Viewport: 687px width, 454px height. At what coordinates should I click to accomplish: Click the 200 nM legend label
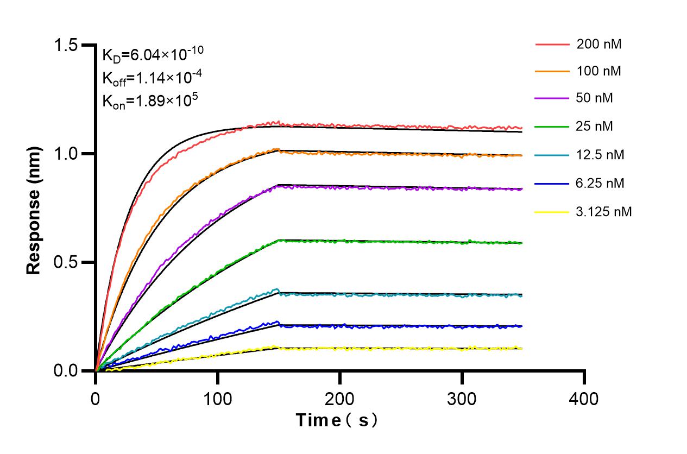click(599, 44)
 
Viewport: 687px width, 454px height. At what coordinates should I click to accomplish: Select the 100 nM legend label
click(599, 72)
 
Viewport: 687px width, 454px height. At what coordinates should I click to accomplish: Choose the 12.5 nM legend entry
click(600, 155)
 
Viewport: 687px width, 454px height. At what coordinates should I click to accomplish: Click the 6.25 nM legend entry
click(600, 184)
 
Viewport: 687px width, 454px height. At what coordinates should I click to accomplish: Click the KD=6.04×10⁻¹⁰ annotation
click(153, 54)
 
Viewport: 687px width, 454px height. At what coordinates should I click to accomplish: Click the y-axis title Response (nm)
click(34, 208)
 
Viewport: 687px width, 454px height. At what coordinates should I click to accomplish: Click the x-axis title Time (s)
click(336, 420)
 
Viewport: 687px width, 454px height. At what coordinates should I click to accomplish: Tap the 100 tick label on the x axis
click(217, 399)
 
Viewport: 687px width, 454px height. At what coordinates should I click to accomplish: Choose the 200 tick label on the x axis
click(339, 399)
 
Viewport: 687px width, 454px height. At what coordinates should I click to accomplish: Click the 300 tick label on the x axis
click(462, 399)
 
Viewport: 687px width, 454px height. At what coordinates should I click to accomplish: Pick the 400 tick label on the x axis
click(584, 399)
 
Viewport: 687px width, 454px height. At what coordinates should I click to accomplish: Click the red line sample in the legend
click(552, 44)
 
